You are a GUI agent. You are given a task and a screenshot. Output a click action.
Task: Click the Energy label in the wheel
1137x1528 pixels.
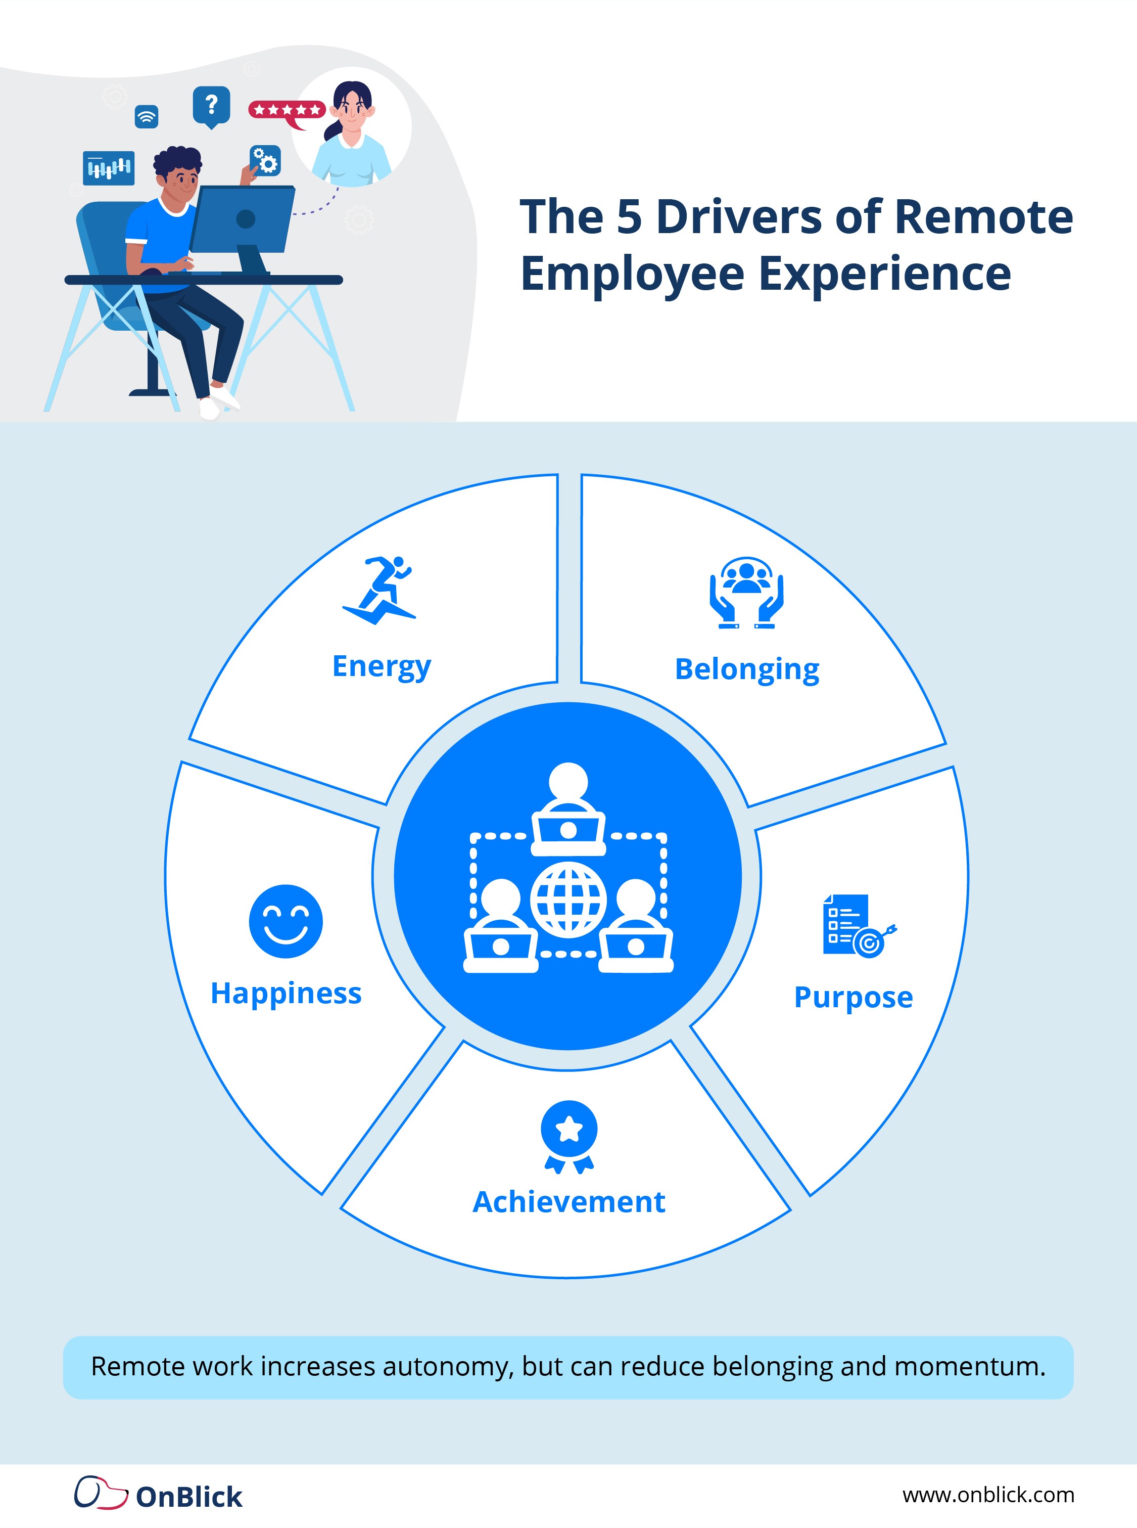[x=382, y=666]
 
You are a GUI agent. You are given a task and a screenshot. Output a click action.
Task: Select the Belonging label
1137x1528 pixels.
[x=747, y=669]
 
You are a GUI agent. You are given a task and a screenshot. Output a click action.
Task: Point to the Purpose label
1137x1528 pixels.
[x=854, y=997]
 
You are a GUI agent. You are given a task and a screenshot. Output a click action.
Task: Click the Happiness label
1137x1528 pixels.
[x=286, y=994]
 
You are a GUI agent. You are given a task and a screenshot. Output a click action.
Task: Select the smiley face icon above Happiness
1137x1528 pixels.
[x=286, y=921]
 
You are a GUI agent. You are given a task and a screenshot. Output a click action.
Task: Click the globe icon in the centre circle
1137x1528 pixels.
[x=568, y=900]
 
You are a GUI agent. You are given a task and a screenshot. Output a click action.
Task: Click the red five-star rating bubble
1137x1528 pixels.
[x=287, y=111]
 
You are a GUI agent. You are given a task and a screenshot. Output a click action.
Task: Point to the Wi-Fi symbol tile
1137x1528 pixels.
[x=146, y=116]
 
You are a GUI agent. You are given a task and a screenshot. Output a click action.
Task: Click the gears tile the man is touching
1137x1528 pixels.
[x=265, y=161]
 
